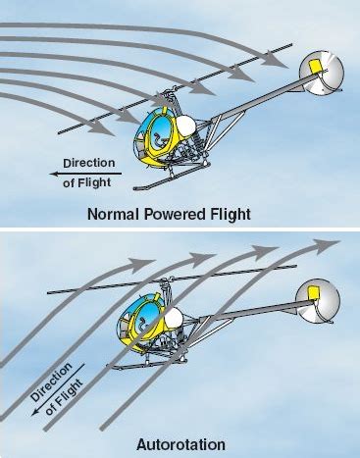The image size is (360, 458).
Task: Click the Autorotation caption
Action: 179,442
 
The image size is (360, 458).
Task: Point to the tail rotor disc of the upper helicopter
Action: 322,72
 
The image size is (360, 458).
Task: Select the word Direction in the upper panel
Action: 88,162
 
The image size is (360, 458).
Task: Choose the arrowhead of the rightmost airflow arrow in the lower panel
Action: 329,242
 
